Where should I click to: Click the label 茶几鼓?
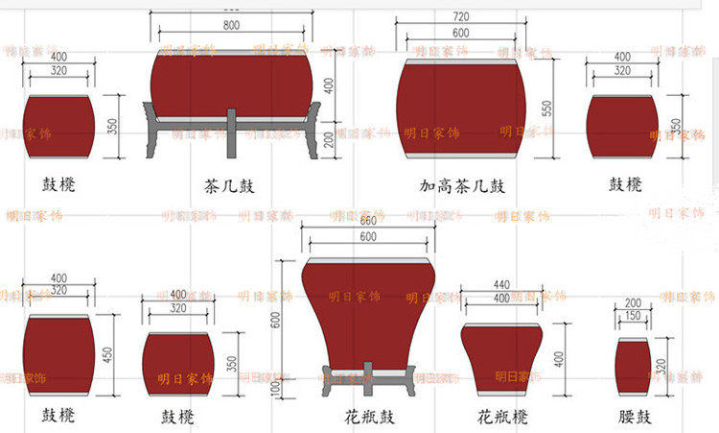click(231, 184)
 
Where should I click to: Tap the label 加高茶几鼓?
click(462, 184)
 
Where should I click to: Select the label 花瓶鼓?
click(369, 418)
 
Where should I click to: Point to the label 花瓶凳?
click(501, 418)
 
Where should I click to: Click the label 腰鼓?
click(635, 418)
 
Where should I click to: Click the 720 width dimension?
click(460, 17)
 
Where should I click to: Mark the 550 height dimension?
click(546, 108)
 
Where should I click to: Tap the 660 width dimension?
click(367, 220)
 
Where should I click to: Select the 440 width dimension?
click(501, 285)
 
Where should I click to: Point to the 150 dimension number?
click(634, 316)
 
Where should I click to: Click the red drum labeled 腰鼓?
click(634, 367)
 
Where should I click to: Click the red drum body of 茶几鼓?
click(231, 84)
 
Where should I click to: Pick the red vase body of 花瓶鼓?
click(369, 307)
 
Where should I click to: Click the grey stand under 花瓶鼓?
click(369, 380)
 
